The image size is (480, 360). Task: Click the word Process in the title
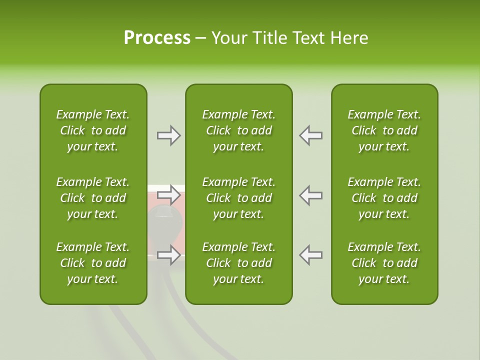pyautogui.click(x=157, y=38)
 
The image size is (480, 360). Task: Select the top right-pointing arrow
pyautogui.click(x=169, y=135)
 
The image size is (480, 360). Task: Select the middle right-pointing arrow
pyautogui.click(x=169, y=194)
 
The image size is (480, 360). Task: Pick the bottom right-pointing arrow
pyautogui.click(x=169, y=255)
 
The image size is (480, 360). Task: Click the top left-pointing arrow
pyautogui.click(x=310, y=135)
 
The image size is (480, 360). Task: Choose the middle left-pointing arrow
pyautogui.click(x=310, y=195)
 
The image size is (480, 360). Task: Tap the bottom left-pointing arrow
pyautogui.click(x=310, y=255)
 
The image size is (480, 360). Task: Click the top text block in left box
pyautogui.click(x=93, y=130)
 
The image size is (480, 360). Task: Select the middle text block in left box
pyautogui.click(x=93, y=198)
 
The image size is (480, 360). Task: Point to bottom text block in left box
pyautogui.click(x=93, y=263)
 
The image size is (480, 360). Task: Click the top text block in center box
pyautogui.click(x=238, y=130)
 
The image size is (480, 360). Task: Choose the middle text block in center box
pyautogui.click(x=238, y=198)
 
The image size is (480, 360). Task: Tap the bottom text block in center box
pyautogui.click(x=238, y=263)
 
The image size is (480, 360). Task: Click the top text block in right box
pyautogui.click(x=384, y=130)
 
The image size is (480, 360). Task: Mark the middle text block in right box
pyautogui.click(x=384, y=198)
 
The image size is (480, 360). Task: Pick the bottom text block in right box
pyautogui.click(x=384, y=263)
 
